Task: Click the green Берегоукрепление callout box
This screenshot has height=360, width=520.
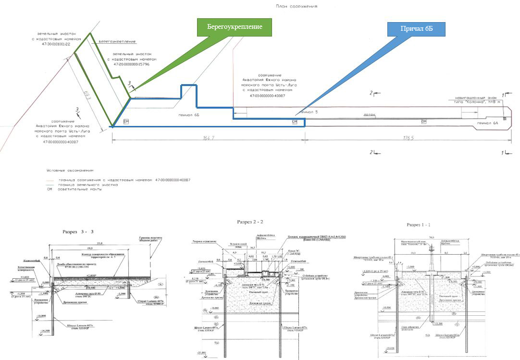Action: pyautogui.click(x=235, y=27)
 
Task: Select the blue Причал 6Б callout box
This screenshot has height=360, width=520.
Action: pyautogui.click(x=416, y=29)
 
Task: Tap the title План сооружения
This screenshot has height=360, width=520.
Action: pyautogui.click(x=297, y=7)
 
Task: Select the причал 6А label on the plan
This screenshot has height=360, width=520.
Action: pyautogui.click(x=486, y=124)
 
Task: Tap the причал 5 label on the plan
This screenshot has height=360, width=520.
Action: pyautogui.click(x=308, y=111)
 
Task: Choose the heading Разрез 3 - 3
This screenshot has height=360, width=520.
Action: pyautogui.click(x=78, y=231)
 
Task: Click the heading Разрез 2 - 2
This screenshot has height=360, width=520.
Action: pyautogui.click(x=250, y=222)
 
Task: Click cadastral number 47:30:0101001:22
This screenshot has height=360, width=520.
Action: pyautogui.click(x=51, y=44)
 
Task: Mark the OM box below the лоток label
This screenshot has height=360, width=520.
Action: pyautogui.click(x=423, y=122)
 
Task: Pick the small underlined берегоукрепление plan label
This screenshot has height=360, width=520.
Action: pyautogui.click(x=117, y=42)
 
